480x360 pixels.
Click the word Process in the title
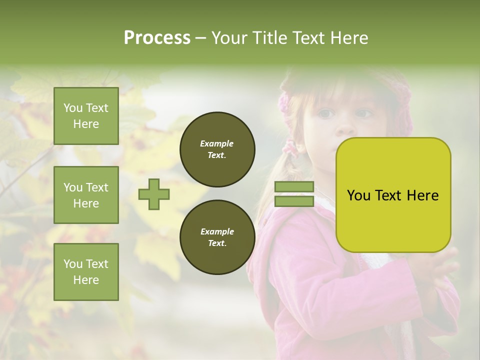click(157, 38)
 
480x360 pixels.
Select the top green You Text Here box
click(86, 116)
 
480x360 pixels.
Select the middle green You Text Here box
click(86, 195)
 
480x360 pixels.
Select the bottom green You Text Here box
click(86, 271)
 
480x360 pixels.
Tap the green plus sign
click(154, 194)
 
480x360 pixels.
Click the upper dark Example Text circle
click(217, 149)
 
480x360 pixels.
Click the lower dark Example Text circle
click(217, 237)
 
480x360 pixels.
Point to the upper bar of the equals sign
click(294, 187)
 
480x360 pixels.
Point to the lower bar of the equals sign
click(294, 201)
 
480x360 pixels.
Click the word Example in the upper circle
click(216, 144)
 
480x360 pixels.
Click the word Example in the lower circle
click(217, 232)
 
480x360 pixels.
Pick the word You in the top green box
click(72, 108)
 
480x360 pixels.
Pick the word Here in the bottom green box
click(86, 280)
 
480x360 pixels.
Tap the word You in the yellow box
click(358, 195)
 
